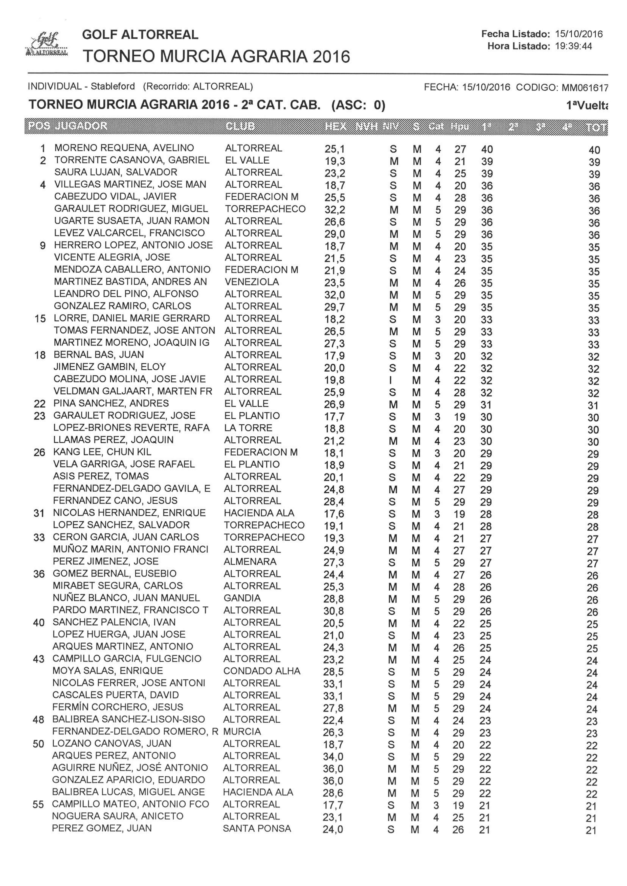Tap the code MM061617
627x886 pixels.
[585, 88]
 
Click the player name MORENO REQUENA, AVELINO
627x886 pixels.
[124, 148]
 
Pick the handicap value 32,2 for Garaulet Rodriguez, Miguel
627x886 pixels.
[334, 210]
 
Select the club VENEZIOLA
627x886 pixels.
[252, 282]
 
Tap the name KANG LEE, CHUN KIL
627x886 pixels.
[102, 452]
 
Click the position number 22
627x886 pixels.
[40, 404]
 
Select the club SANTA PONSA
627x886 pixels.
[257, 828]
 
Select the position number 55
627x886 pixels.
[38, 805]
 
